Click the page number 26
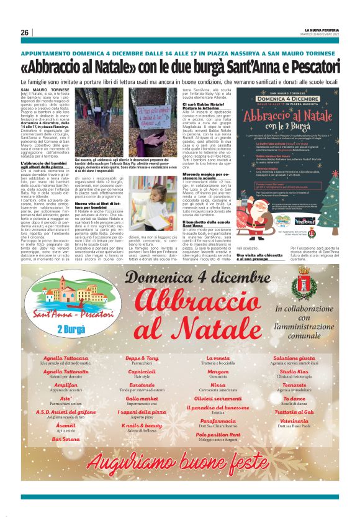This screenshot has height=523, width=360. [x=25, y=32]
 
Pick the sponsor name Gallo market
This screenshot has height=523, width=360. [x=142, y=398]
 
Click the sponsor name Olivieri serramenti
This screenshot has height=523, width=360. [x=217, y=398]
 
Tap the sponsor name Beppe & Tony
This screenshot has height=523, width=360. [x=142, y=358]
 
